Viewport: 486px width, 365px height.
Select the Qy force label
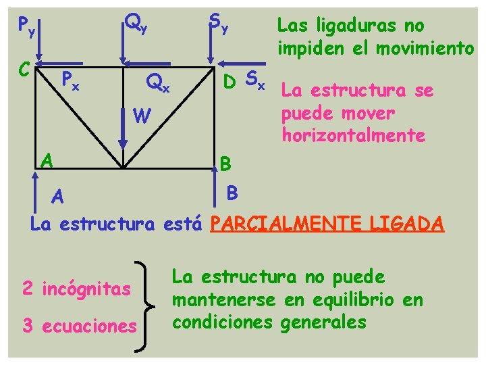tap(136, 26)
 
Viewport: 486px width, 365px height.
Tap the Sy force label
tap(218, 25)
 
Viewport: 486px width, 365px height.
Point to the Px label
tap(70, 82)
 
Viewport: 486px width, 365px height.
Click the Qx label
tap(159, 83)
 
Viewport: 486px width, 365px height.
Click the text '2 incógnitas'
tap(76, 289)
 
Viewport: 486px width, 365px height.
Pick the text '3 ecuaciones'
tap(79, 326)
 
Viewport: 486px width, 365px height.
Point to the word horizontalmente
tap(354, 135)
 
